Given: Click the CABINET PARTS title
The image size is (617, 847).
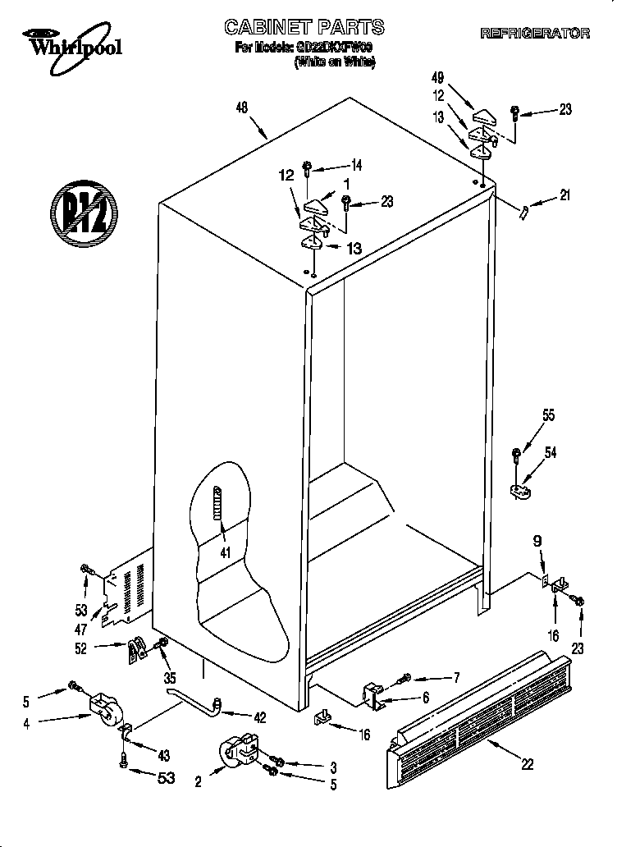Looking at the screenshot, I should pyautogui.click(x=304, y=29).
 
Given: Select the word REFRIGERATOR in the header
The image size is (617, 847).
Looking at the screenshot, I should pyautogui.click(x=534, y=34).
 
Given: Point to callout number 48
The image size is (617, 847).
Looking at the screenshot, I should pyautogui.click(x=241, y=107).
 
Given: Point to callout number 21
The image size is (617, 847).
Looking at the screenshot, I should pyautogui.click(x=564, y=195).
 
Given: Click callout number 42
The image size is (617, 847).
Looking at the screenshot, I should pyautogui.click(x=259, y=717).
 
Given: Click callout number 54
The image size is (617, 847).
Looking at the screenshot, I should pyautogui.click(x=551, y=453).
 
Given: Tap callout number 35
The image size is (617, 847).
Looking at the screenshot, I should pyautogui.click(x=169, y=679).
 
